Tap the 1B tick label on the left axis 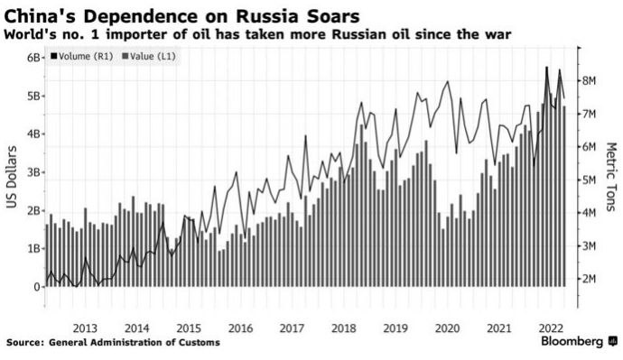33,248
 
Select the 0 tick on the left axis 36,287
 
